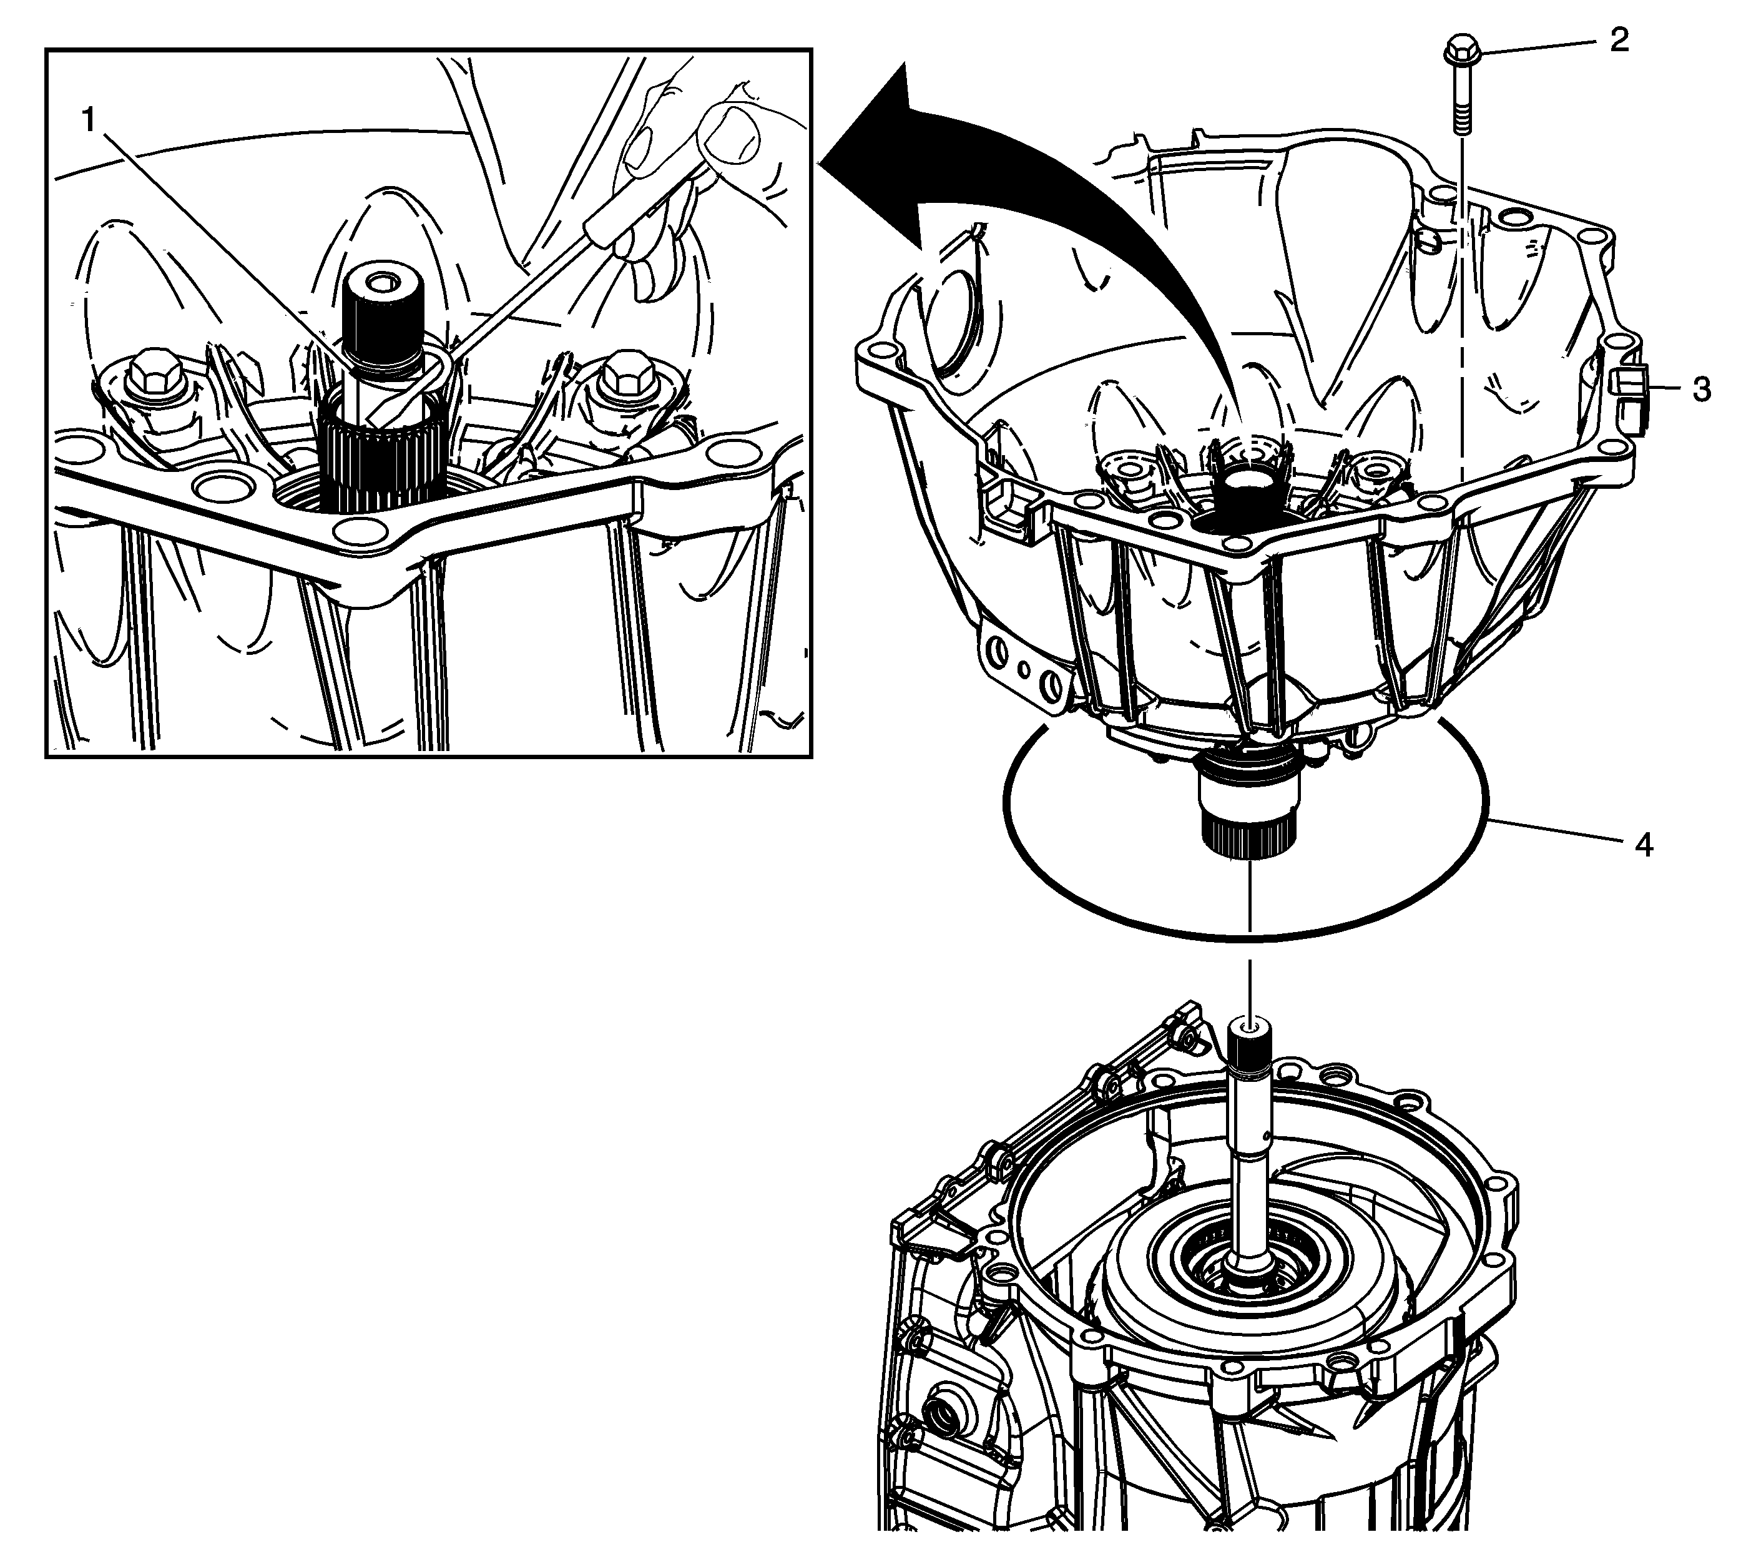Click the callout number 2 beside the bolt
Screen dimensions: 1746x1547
1619,40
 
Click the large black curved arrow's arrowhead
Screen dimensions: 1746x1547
888,154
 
